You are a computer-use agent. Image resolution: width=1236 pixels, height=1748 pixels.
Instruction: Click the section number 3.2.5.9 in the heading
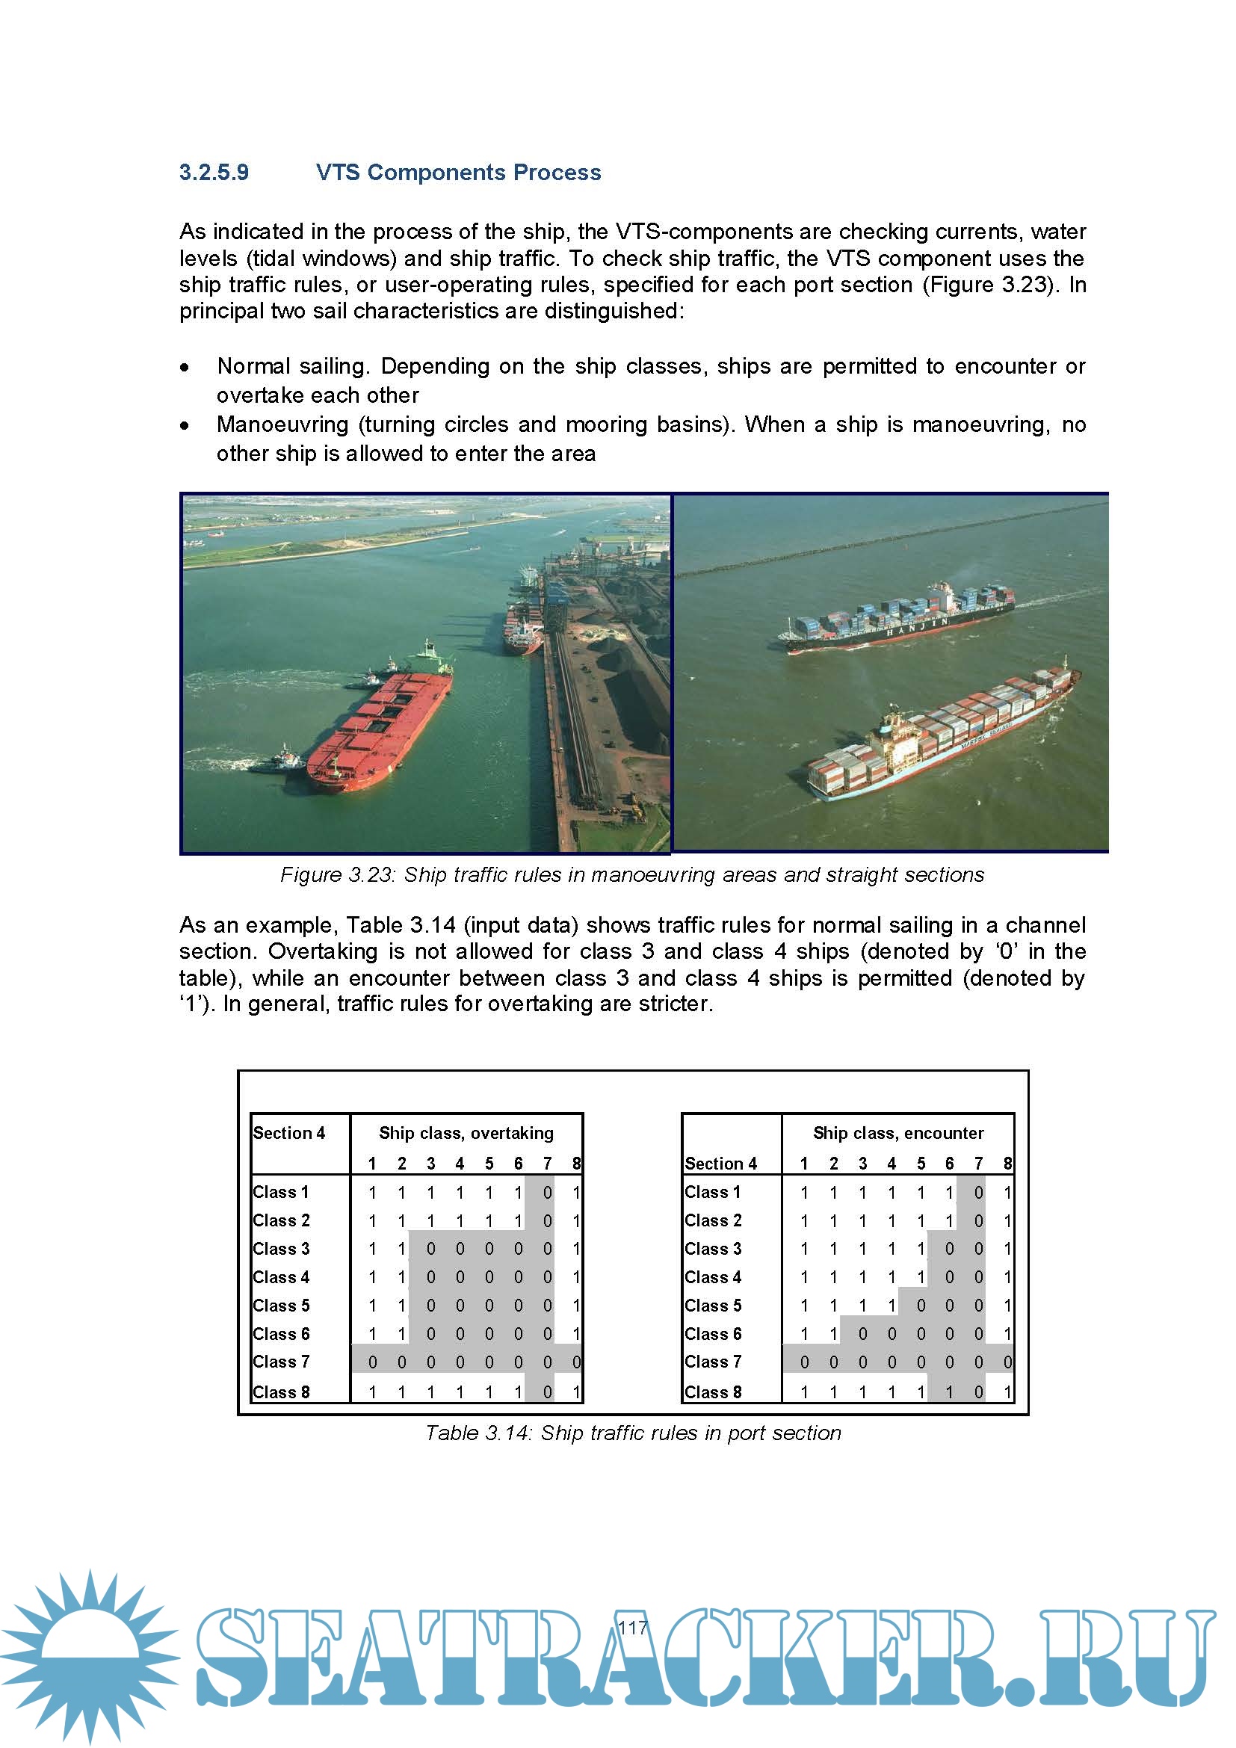(214, 173)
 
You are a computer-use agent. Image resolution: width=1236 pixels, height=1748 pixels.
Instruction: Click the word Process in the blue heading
(557, 173)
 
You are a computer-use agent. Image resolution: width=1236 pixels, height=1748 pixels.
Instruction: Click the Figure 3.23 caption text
(631, 875)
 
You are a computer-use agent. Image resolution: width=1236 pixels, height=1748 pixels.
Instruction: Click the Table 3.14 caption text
(631, 1433)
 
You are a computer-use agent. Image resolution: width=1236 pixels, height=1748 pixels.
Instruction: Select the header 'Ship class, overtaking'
(466, 1133)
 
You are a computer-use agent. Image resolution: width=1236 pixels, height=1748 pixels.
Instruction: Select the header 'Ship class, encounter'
(897, 1133)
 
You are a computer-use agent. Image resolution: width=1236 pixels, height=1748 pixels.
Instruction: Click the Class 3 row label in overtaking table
(281, 1250)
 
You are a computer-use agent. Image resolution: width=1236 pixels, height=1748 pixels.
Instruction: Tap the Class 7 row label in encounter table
(712, 1362)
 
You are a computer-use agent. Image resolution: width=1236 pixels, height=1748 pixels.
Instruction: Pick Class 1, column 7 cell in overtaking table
(546, 1193)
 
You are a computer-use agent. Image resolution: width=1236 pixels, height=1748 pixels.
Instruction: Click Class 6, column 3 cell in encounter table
(862, 1334)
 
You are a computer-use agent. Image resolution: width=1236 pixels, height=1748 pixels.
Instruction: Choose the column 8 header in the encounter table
(1007, 1164)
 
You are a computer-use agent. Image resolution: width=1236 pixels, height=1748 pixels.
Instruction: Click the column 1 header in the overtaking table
(372, 1164)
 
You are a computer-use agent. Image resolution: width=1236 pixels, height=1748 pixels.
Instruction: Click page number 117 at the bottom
(631, 1628)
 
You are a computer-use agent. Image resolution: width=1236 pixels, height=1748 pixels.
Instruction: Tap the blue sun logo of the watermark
(90, 1656)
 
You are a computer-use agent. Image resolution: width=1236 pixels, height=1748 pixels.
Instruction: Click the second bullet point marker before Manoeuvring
(185, 425)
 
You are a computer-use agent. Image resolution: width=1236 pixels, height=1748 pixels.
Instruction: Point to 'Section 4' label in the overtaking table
(288, 1133)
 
